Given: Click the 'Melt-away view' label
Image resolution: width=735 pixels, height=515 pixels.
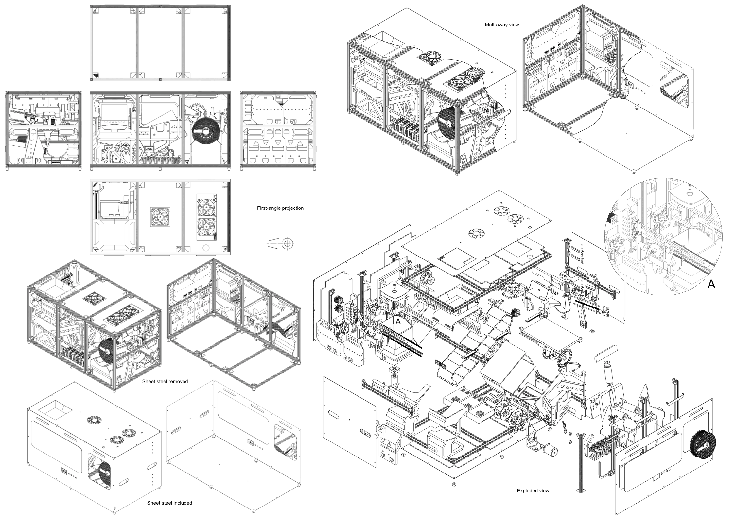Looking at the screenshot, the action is tap(502, 25).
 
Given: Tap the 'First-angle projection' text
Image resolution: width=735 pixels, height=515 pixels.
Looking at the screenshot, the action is tap(280, 208).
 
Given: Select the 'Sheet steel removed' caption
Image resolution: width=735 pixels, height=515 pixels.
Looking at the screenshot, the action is tap(165, 381).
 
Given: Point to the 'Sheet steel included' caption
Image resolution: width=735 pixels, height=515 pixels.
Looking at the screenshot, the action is tap(169, 503).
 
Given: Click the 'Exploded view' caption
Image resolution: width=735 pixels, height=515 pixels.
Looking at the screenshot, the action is tap(533, 491).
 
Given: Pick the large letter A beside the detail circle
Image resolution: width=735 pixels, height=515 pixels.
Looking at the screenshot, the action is tap(711, 284).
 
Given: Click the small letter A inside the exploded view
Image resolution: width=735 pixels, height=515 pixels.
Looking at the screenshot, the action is tap(398, 322).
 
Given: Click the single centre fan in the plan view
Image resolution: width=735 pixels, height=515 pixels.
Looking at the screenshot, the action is tap(160, 217).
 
